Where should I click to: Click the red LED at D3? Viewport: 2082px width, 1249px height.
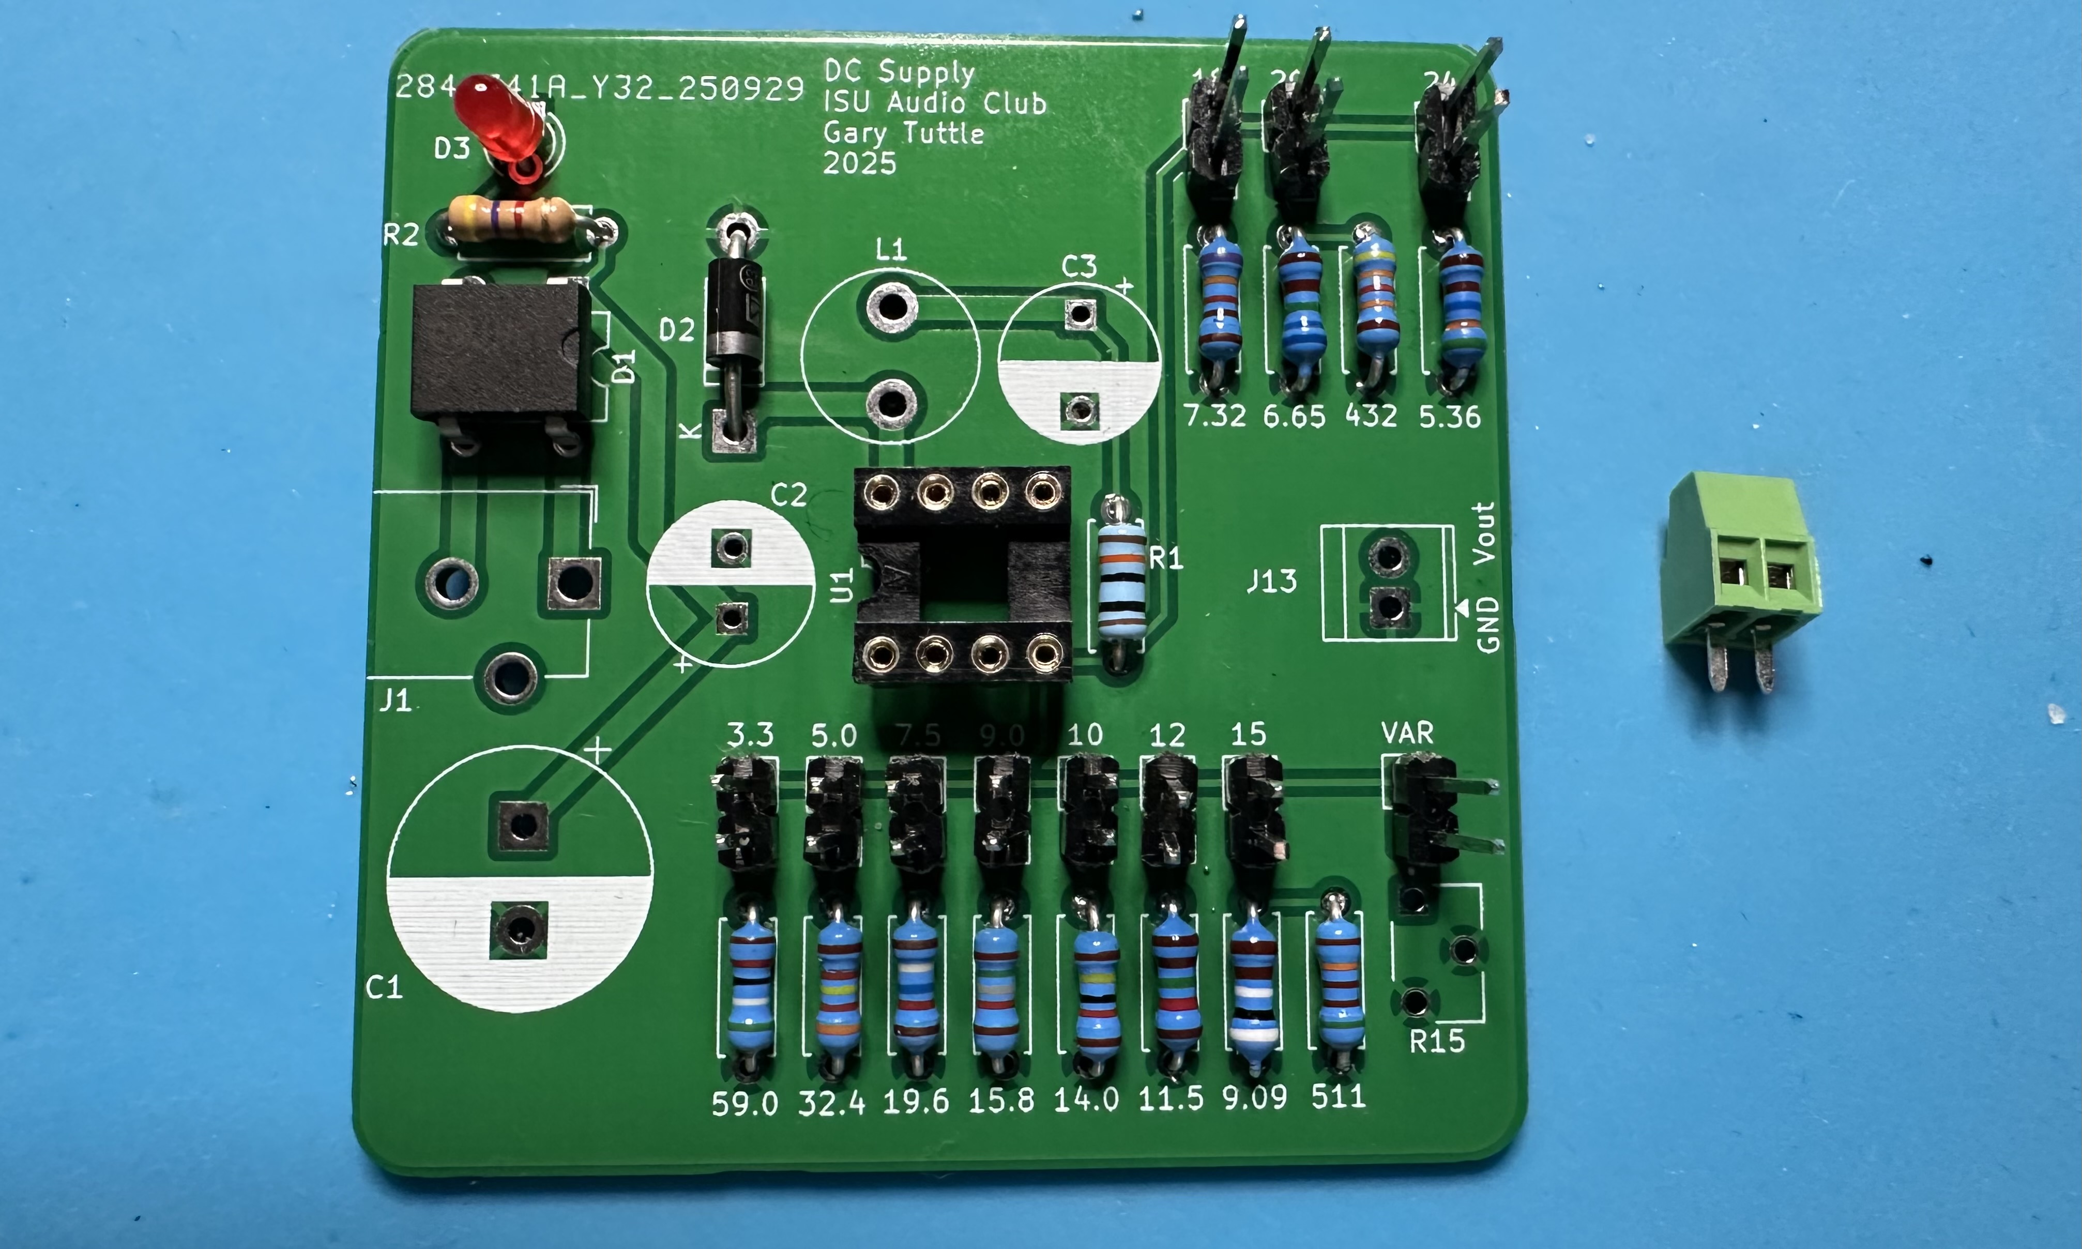tap(498, 118)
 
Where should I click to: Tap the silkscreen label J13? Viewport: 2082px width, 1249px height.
tap(1271, 581)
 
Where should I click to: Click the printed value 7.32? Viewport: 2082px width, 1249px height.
tap(1215, 416)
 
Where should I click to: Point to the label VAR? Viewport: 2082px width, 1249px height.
tap(1407, 733)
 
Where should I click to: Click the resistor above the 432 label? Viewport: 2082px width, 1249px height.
tap(1376, 299)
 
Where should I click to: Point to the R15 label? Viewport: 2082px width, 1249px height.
tap(1437, 1042)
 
